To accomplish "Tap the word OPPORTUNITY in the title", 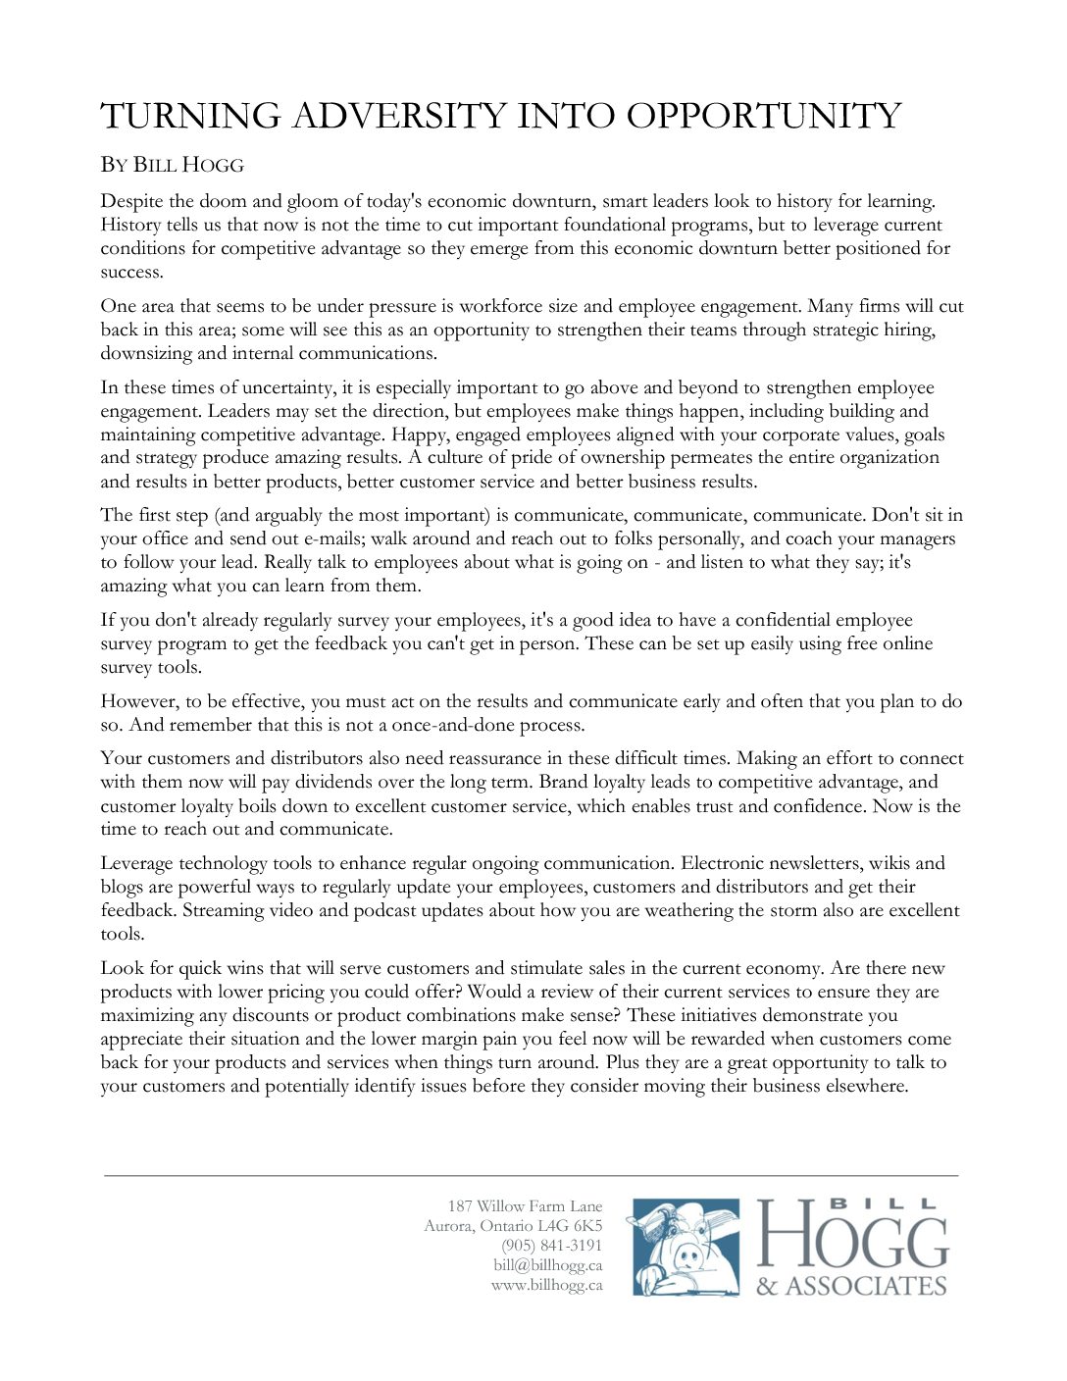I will [x=763, y=116].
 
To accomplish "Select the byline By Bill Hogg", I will [x=172, y=165].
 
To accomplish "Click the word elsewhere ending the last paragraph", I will [x=864, y=1086].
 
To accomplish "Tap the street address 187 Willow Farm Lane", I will [x=525, y=1206].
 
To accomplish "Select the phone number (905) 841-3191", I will [x=551, y=1246].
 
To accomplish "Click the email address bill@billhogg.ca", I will [x=547, y=1265].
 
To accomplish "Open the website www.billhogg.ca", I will [x=546, y=1285].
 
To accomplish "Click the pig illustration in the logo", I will [x=686, y=1248].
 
